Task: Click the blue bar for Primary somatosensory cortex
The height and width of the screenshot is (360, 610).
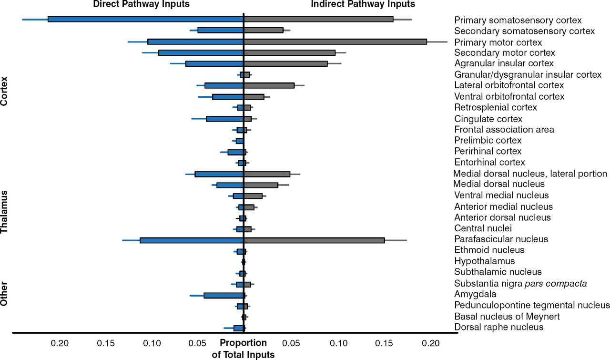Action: click(x=145, y=19)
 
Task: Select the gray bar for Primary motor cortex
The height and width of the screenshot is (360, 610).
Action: click(x=335, y=41)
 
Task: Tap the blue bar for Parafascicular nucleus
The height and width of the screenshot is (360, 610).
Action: click(x=192, y=240)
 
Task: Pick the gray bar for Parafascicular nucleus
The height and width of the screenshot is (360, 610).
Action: click(x=314, y=240)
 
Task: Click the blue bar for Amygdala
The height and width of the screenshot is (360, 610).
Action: click(x=224, y=295)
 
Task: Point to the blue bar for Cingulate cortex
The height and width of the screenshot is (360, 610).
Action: click(x=225, y=119)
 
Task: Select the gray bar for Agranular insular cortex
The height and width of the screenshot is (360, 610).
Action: click(x=285, y=63)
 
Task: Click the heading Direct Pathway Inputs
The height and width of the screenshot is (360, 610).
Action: click(x=141, y=4)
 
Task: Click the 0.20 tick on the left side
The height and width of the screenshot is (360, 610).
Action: click(x=60, y=343)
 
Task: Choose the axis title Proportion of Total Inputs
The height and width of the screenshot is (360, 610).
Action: click(x=243, y=349)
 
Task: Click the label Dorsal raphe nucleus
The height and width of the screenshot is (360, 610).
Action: click(x=498, y=328)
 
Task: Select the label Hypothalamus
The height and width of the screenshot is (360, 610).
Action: click(x=484, y=261)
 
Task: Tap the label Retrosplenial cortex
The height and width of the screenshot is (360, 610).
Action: click(x=496, y=107)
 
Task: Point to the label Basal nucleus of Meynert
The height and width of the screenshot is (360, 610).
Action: click(x=507, y=317)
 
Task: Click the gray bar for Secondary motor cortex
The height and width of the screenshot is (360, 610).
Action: click(x=289, y=52)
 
